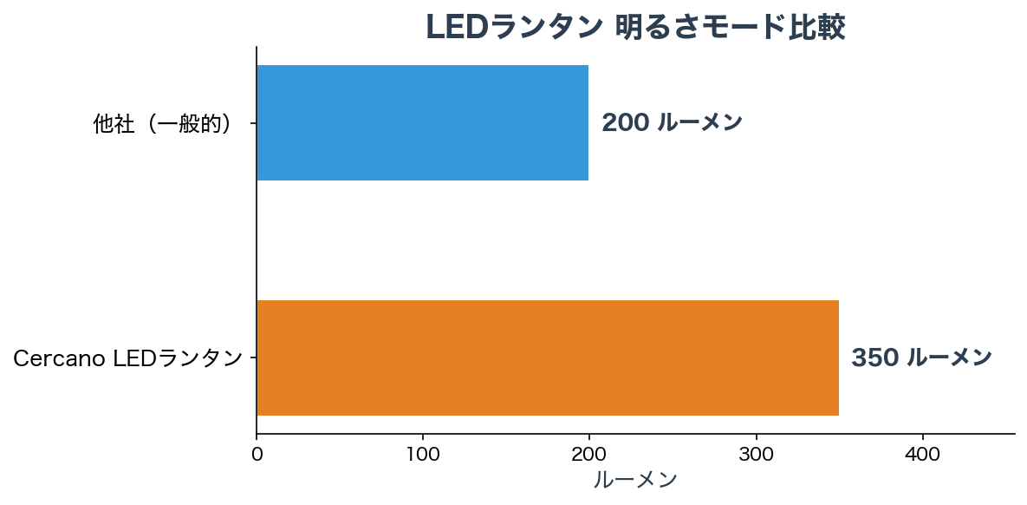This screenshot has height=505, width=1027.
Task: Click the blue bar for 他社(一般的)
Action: coord(422,122)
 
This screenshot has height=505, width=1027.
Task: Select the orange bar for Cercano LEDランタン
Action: coord(547,357)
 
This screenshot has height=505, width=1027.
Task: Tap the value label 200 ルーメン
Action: coord(672,122)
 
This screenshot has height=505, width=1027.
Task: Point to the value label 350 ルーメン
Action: coord(921,357)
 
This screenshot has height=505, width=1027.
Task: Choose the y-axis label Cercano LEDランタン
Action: coord(127,357)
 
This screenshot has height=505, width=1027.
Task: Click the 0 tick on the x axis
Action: coord(257,454)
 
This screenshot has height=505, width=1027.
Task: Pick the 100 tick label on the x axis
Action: coord(423,454)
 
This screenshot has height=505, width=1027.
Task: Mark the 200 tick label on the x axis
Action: coord(589,454)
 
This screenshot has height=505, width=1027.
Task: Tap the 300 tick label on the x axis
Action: coord(756,454)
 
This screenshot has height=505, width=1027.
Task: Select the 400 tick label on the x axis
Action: coord(922,454)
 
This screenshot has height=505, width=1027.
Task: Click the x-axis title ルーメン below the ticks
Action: coord(635,480)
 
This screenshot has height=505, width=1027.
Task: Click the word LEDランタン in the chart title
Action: coord(514,28)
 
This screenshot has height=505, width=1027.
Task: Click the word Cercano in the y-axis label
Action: coord(60,357)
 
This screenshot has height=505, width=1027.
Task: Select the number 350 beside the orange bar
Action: coord(875,357)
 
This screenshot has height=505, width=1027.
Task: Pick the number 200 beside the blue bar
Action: coord(626,122)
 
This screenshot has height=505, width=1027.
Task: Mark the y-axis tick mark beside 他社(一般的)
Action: coord(253,123)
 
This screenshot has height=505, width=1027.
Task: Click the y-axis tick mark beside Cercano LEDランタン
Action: coord(253,357)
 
